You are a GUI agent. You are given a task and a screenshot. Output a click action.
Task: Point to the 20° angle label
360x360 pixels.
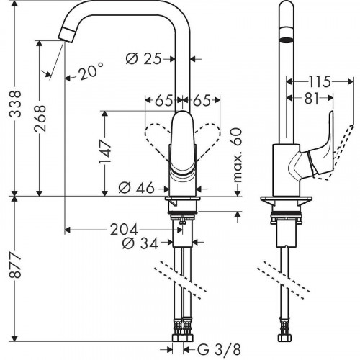(91, 71)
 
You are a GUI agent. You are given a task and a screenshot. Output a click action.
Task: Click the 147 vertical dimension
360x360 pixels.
(105, 153)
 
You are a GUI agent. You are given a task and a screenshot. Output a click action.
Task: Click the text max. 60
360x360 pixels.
(237, 158)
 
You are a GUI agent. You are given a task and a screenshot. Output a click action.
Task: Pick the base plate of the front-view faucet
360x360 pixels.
(183, 200)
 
